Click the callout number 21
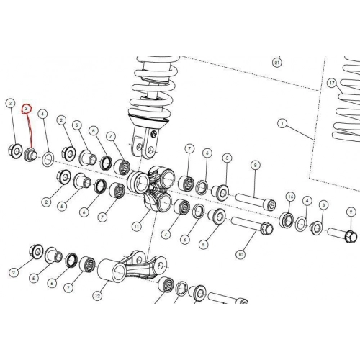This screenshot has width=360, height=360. coord(277,63)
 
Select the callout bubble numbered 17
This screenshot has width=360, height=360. coord(332,83)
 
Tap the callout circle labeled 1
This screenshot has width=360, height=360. coord(282,124)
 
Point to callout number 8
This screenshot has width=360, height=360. coord(255,165)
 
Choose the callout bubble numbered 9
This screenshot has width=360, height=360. coord(351,212)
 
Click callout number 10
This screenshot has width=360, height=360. coord(240,254)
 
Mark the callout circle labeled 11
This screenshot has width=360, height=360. coord(137,226)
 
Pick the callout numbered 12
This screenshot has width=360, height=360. coord(97,296)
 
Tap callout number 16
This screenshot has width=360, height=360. coord(291,197)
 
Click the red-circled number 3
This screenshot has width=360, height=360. coord(27,109)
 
